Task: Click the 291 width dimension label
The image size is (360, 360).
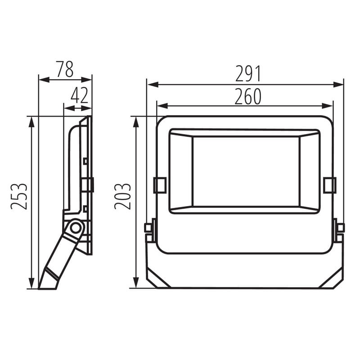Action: click(248, 74)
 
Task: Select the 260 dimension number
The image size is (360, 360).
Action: click(248, 96)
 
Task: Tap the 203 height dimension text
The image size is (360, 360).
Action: click(122, 196)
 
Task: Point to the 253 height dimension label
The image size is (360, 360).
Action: click(19, 196)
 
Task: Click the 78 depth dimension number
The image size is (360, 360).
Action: click(65, 69)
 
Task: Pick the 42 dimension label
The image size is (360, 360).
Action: click(80, 95)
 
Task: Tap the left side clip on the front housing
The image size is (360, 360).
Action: click(160, 185)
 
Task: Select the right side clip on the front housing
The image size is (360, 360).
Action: click(330, 185)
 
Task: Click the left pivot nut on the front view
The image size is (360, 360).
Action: click(148, 228)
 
